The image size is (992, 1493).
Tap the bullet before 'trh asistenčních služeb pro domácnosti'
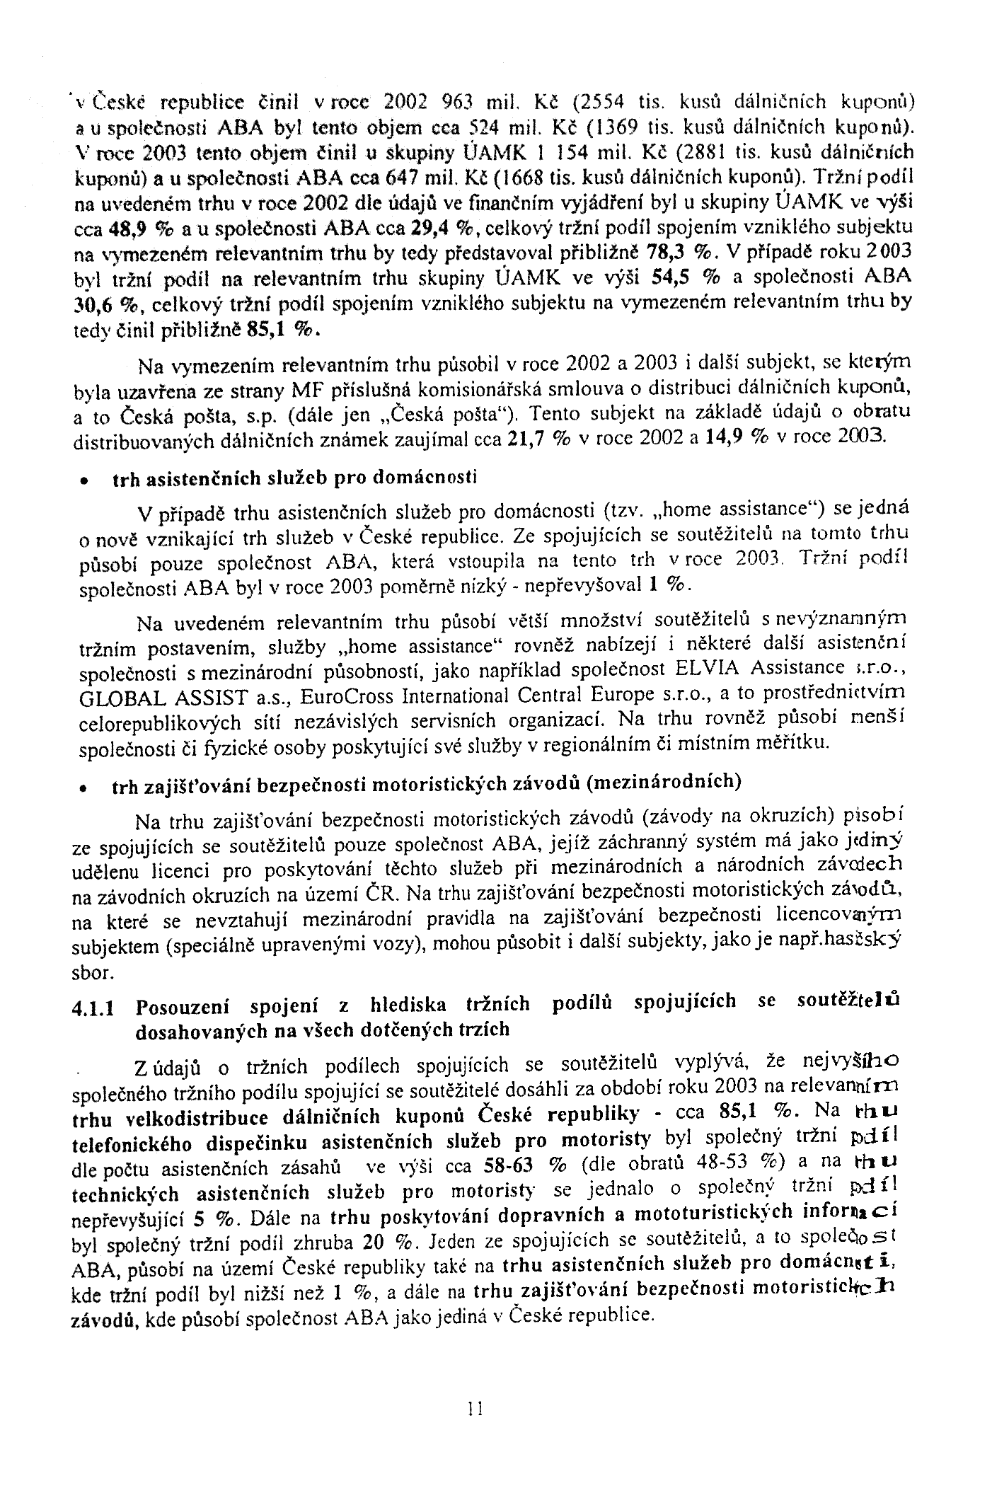coord(83,481)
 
